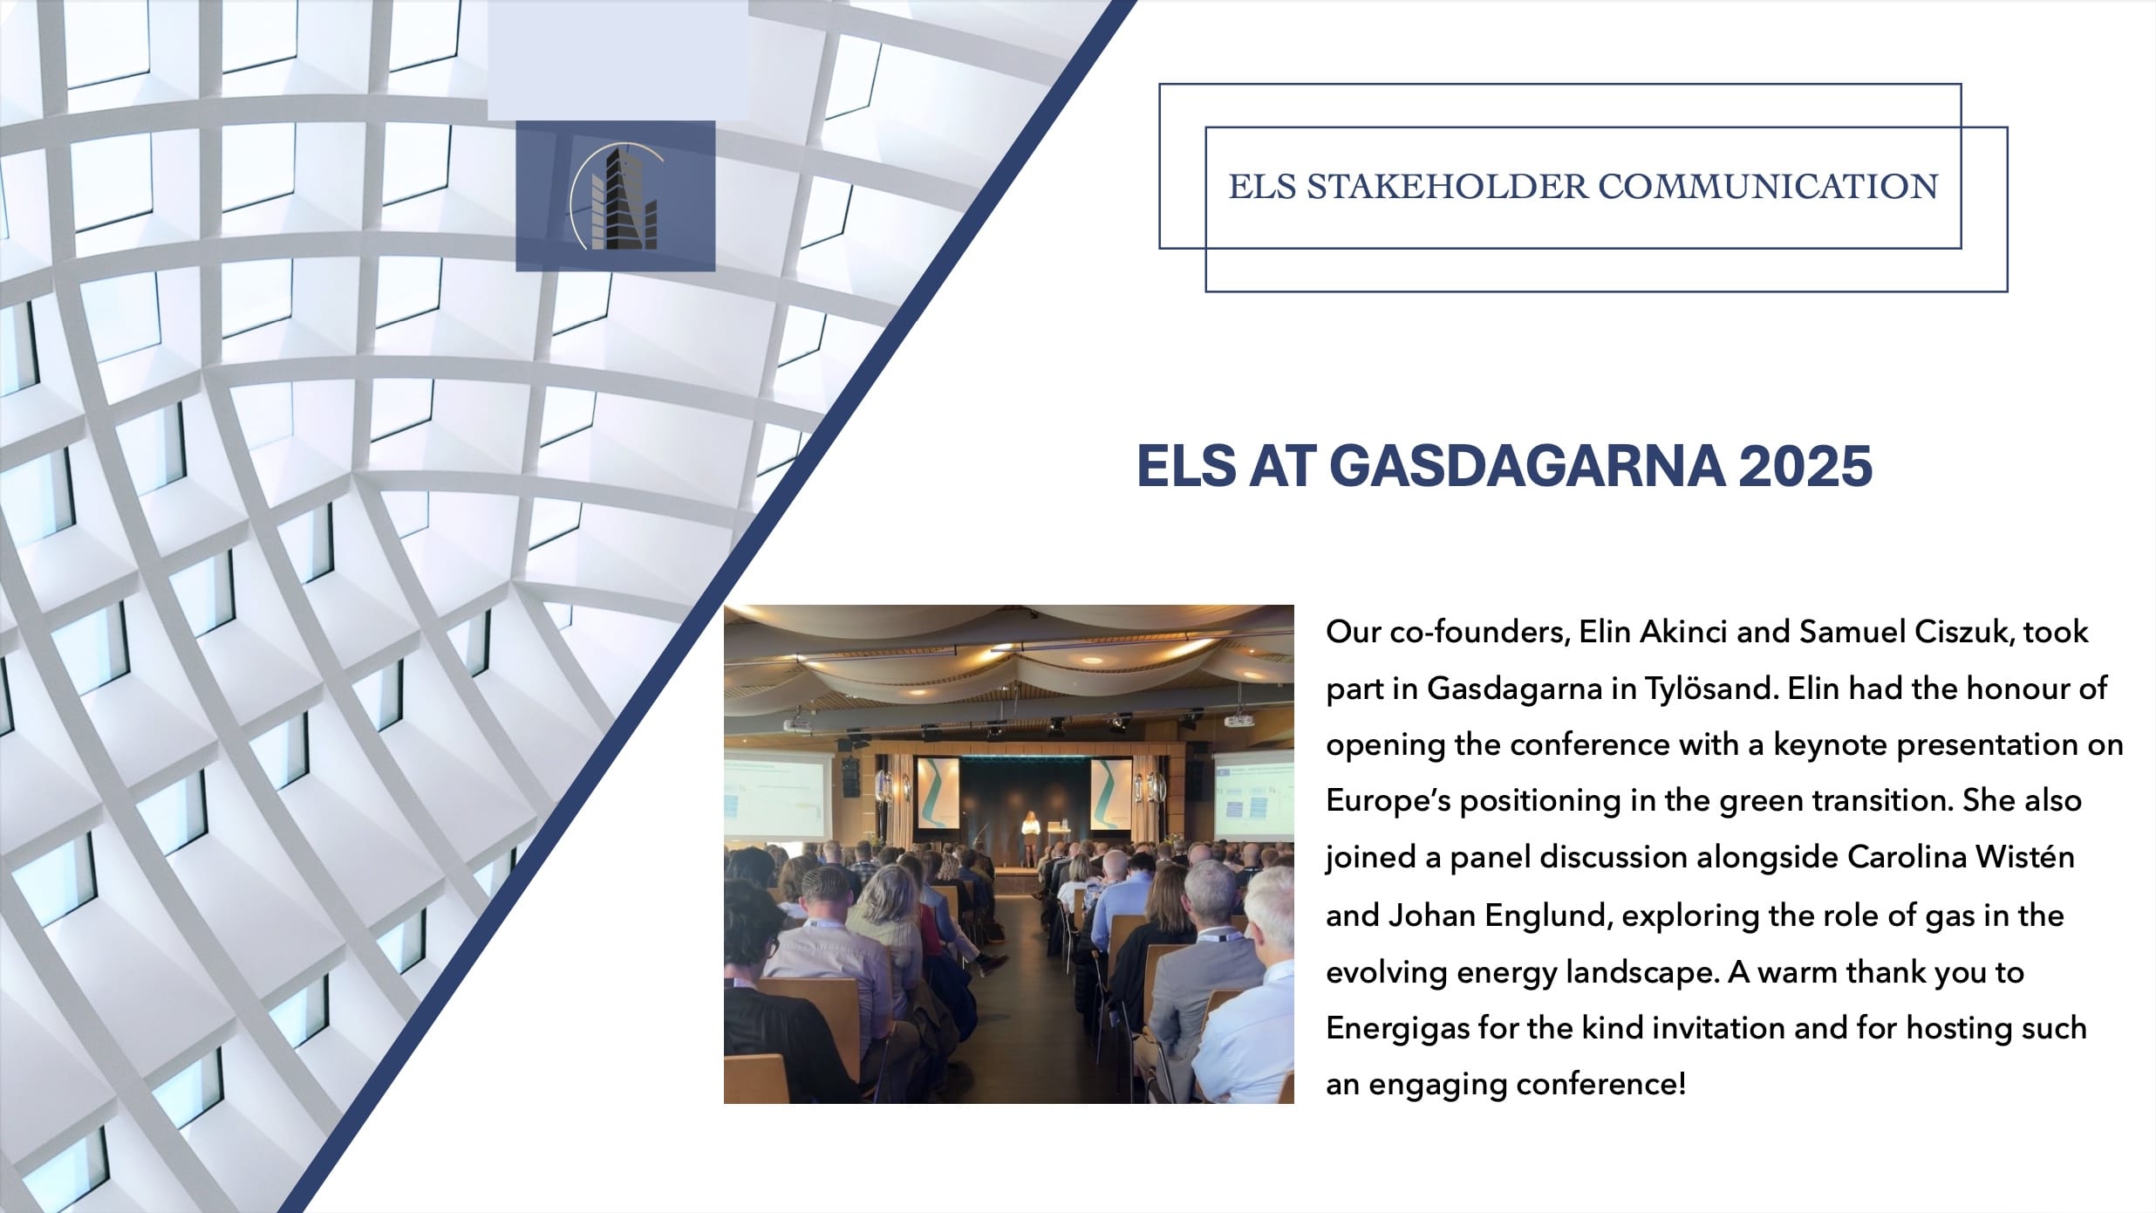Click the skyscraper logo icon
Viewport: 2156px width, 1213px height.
coord(615,196)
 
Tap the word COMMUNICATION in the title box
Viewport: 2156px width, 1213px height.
coord(1768,187)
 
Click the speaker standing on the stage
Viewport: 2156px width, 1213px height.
coord(1031,839)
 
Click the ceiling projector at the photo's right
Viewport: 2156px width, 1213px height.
coord(1239,721)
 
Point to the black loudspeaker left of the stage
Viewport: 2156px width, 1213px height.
coord(850,777)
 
